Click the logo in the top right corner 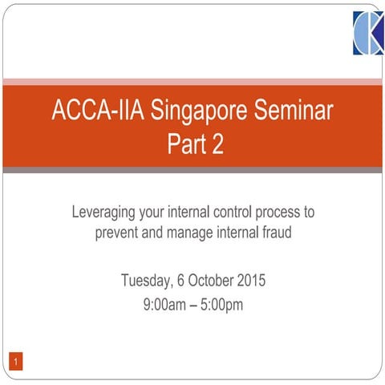(368, 34)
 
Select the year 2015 (249, 281)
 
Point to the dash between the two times (193, 304)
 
